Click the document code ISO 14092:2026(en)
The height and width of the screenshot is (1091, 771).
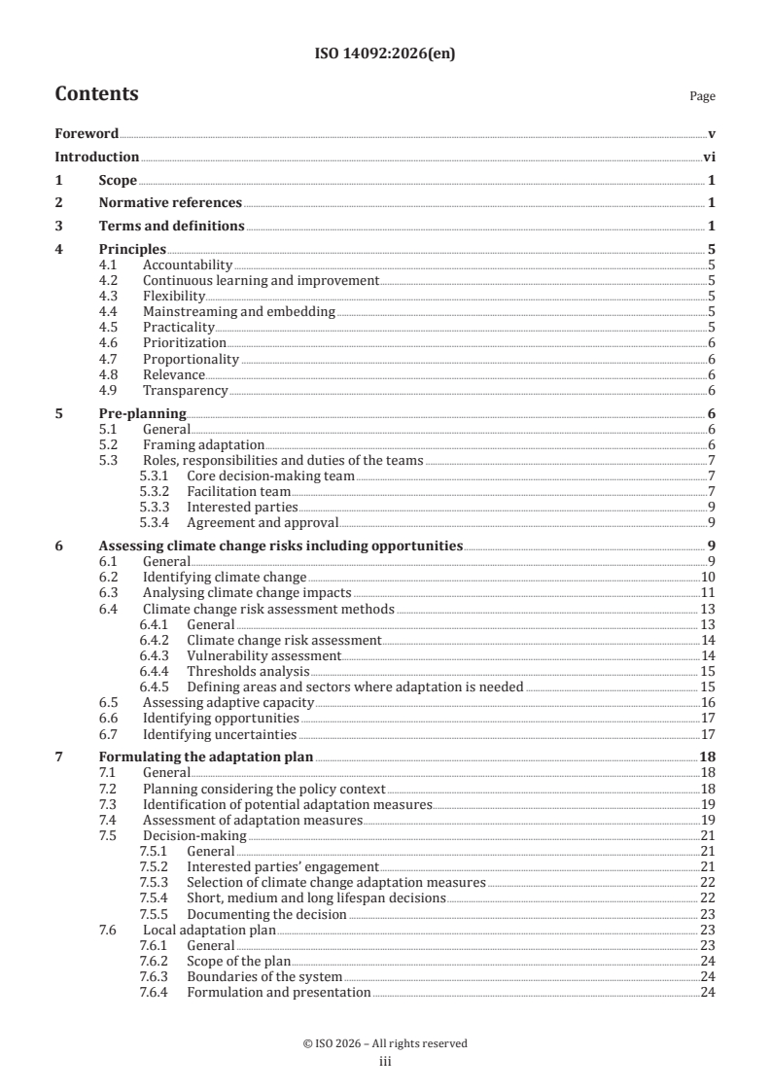[385, 54]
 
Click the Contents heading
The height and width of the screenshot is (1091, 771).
[96, 94]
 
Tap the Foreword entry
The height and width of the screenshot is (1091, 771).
[87, 133]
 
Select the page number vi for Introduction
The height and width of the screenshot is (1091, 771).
[709, 157]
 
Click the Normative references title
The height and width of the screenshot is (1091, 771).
[170, 203]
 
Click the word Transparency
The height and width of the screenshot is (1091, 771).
[185, 391]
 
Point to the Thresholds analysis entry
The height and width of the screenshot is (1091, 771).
[248, 672]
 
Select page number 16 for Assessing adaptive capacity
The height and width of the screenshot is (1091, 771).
[709, 703]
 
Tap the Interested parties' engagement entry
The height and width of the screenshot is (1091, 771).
[282, 867]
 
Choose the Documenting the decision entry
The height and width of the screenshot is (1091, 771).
[266, 914]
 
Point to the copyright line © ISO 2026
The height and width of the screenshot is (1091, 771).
[385, 1043]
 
